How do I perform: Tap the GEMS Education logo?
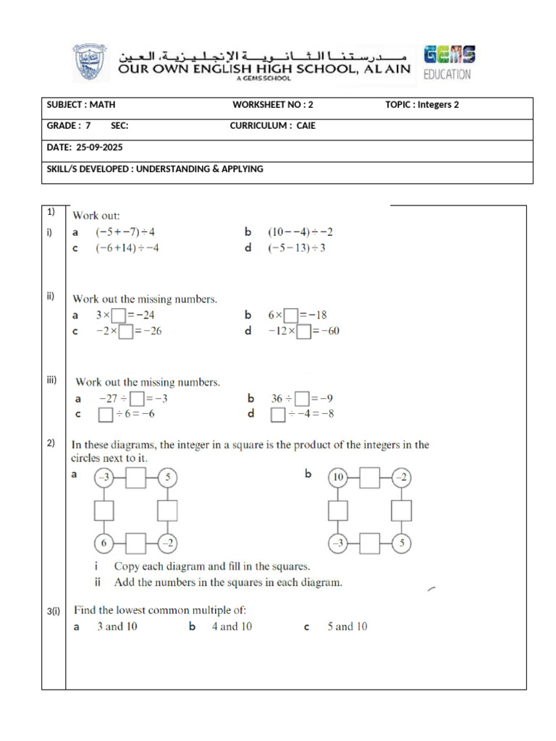(x=449, y=63)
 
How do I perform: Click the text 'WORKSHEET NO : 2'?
(x=273, y=105)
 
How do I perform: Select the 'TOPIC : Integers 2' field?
(x=422, y=105)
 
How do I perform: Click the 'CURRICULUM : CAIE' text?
(x=273, y=126)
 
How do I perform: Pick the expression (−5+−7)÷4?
(x=125, y=232)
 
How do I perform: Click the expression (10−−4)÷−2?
(x=300, y=232)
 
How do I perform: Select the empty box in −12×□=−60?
(x=304, y=331)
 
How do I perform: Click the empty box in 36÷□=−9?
(x=302, y=399)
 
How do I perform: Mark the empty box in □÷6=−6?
(x=105, y=415)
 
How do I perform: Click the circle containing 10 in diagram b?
(x=337, y=478)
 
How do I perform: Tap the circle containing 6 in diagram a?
(x=104, y=543)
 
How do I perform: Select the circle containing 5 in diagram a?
(x=167, y=478)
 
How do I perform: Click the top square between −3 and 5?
(x=135, y=478)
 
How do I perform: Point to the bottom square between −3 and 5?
(x=369, y=543)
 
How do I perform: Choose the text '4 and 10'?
(x=232, y=627)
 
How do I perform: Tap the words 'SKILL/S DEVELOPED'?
(x=88, y=169)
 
